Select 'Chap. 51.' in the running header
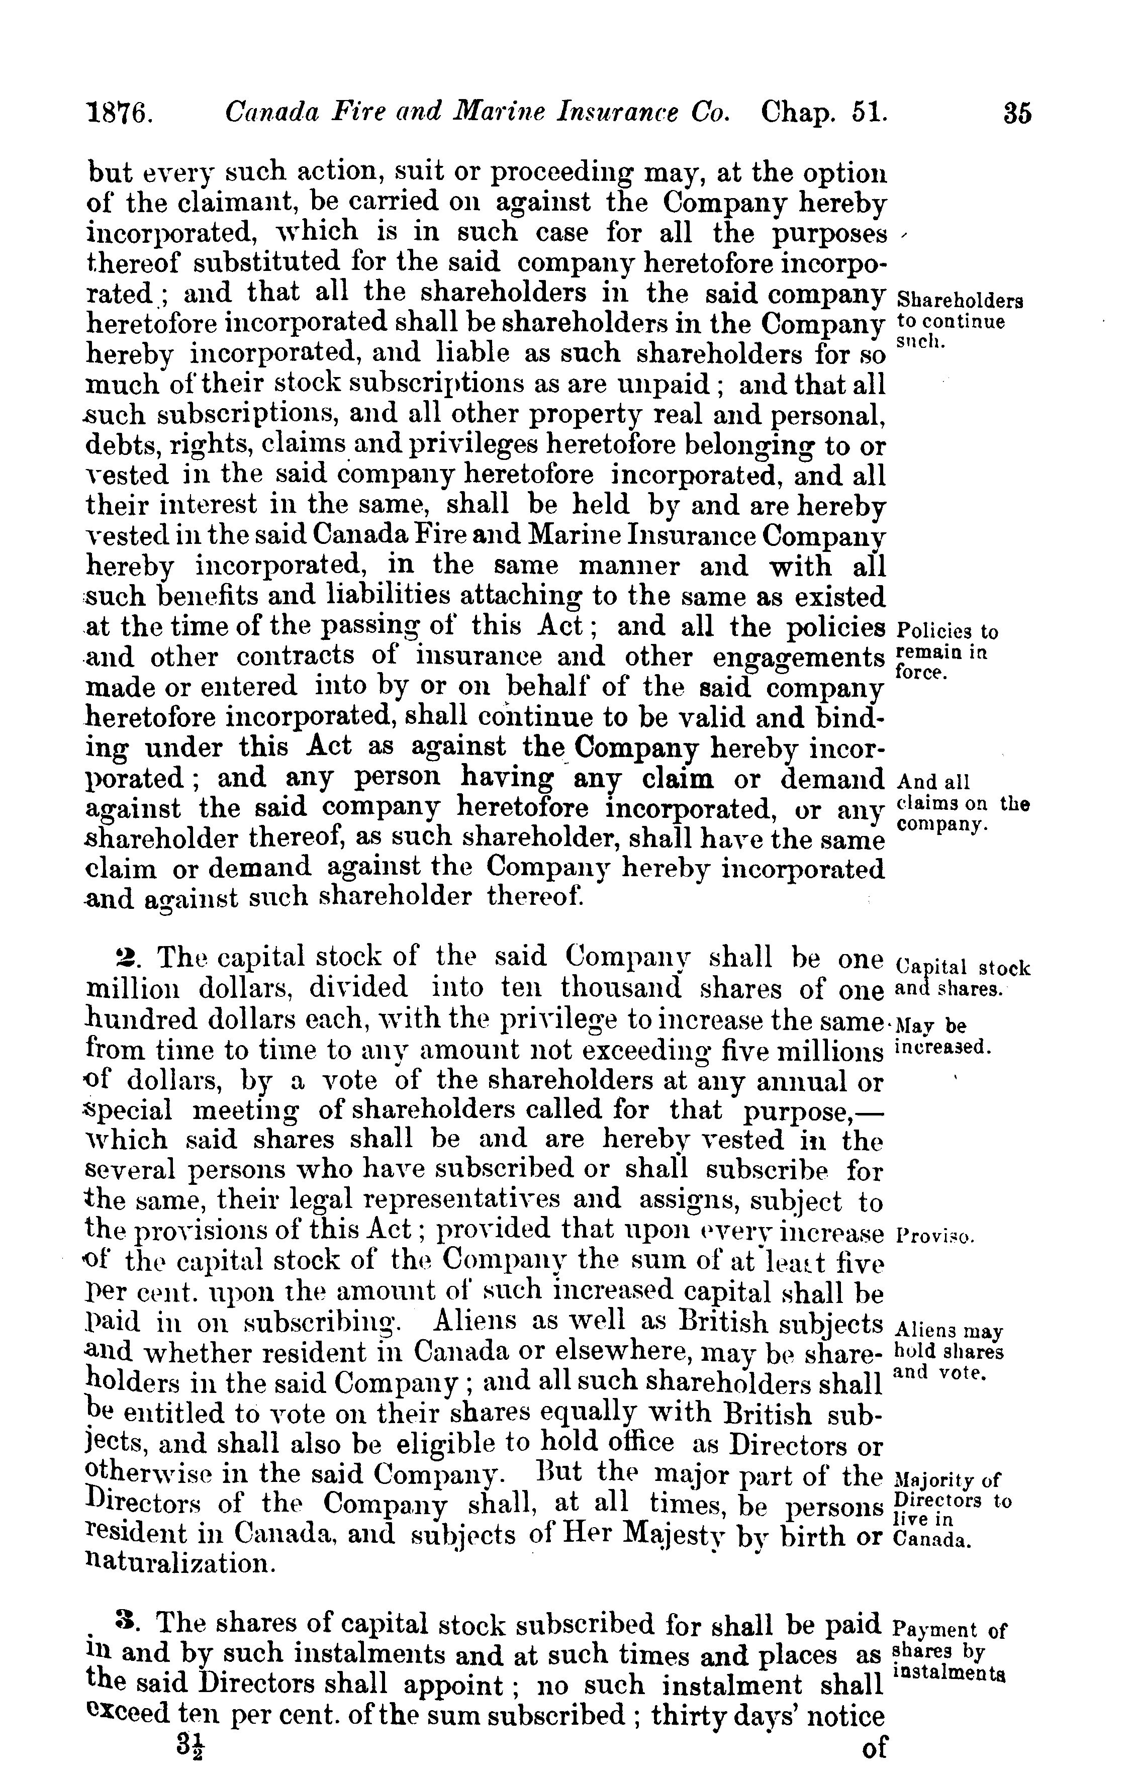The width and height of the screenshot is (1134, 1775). click(824, 112)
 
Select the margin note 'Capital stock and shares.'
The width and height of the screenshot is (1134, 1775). click(962, 977)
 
